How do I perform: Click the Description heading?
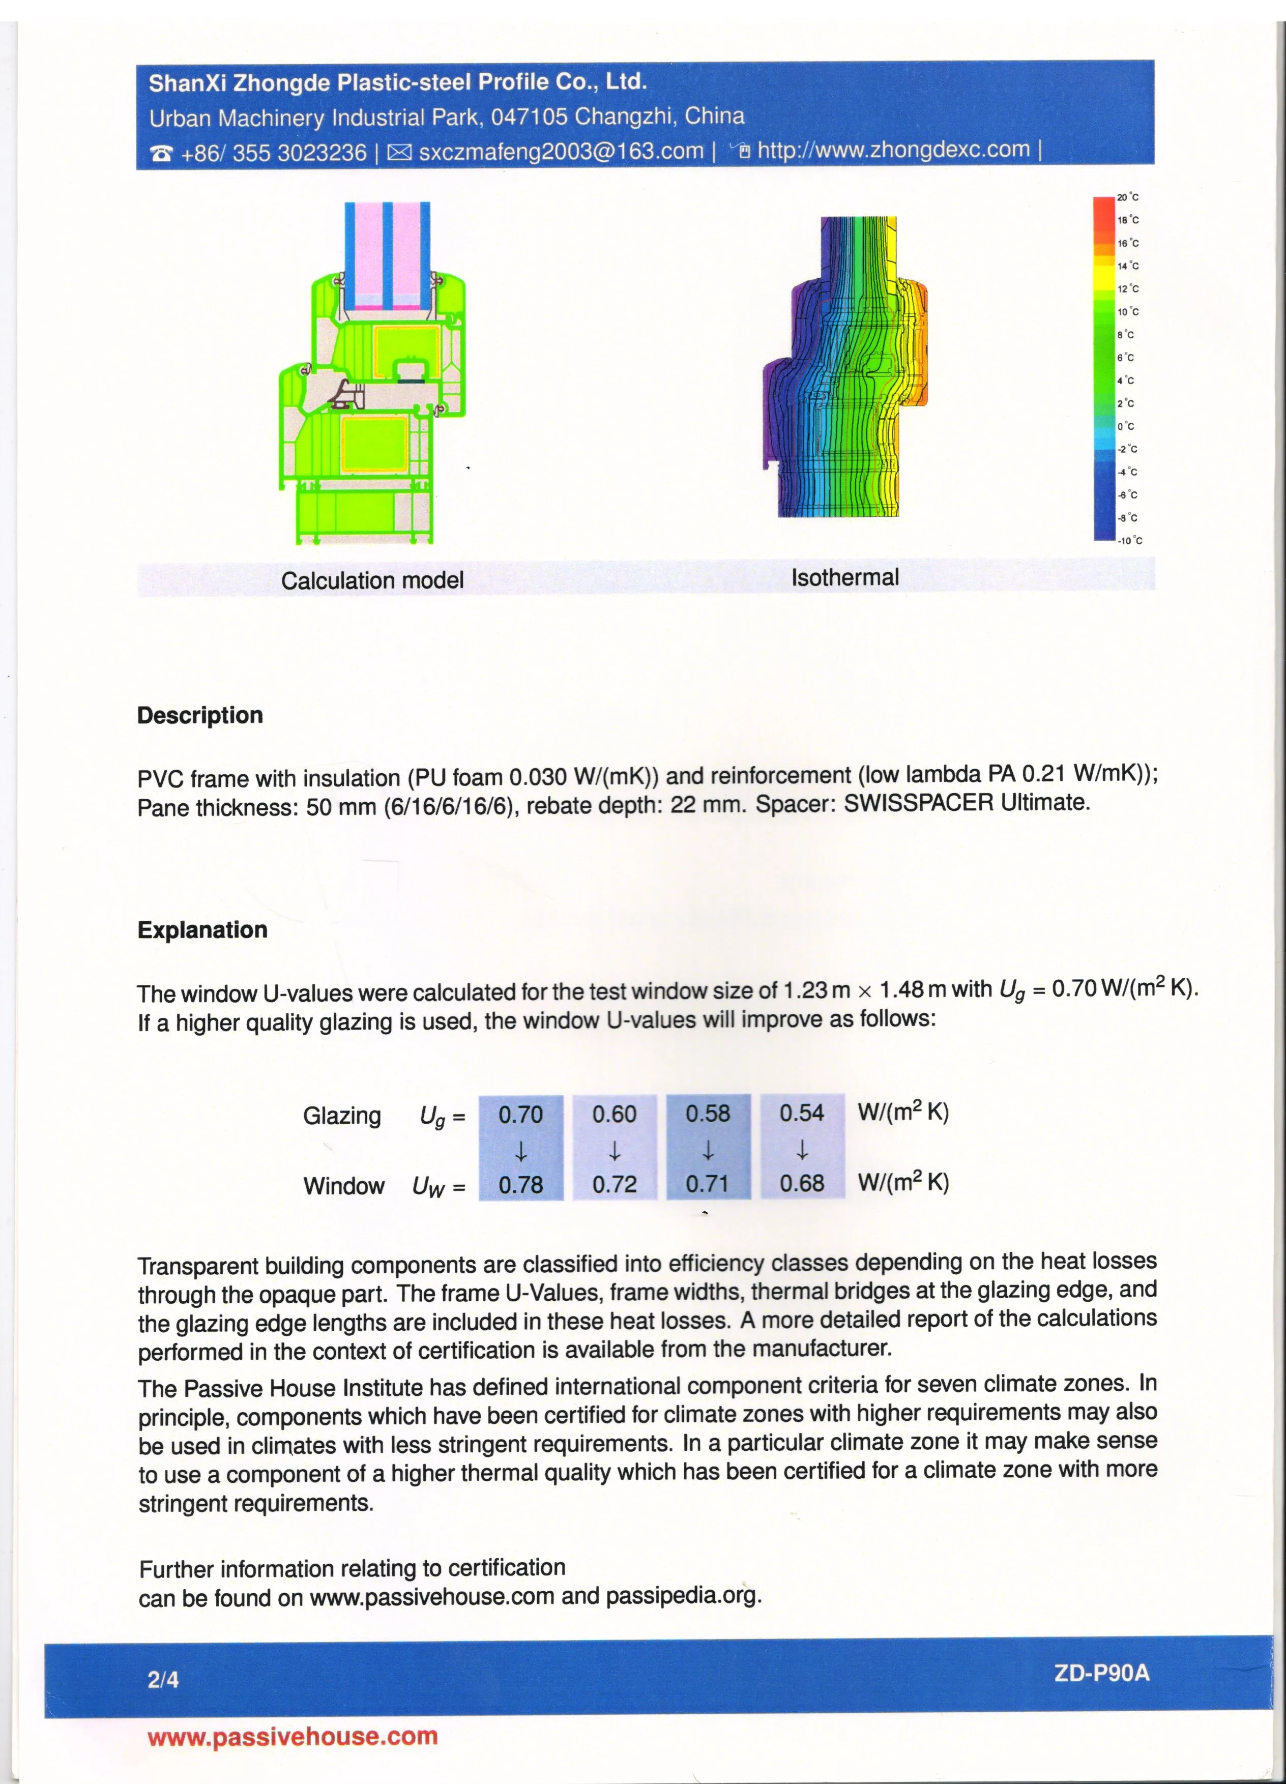[200, 715]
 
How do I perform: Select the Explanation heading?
[202, 930]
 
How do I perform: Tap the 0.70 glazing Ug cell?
[521, 1115]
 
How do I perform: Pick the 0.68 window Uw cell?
[802, 1183]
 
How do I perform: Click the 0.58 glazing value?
[708, 1114]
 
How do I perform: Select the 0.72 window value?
[615, 1184]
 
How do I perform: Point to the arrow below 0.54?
[802, 1151]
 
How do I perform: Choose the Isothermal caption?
[845, 577]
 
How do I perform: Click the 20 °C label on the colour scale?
[1128, 197]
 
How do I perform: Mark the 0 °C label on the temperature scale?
[1126, 426]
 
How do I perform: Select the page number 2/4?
[163, 1680]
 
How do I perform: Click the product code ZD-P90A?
[1101, 1672]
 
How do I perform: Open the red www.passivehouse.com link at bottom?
[292, 1737]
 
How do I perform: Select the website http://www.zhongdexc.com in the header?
[893, 150]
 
